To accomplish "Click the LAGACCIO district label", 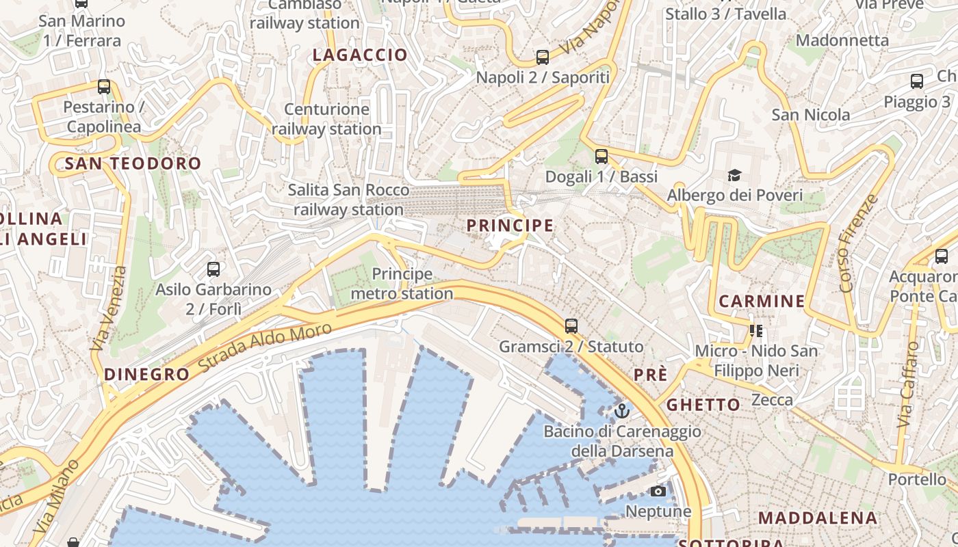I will pyautogui.click(x=360, y=55).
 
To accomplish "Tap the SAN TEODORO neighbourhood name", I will pyautogui.click(x=133, y=163).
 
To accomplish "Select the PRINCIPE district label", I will pyautogui.click(x=510, y=225).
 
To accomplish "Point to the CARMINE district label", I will pyautogui.click(x=762, y=301).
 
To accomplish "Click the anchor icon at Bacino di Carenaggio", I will pyautogui.click(x=622, y=411).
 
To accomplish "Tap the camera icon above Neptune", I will pyautogui.click(x=658, y=491).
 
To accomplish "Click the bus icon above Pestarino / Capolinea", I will pyautogui.click(x=104, y=87).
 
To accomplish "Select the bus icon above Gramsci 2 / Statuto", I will pyautogui.click(x=571, y=326).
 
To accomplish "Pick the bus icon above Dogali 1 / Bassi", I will pyautogui.click(x=601, y=157).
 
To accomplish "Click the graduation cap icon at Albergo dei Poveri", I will pyautogui.click(x=734, y=176).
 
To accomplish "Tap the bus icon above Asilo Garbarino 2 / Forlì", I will pyautogui.click(x=213, y=269).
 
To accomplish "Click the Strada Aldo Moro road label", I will pyautogui.click(x=265, y=347).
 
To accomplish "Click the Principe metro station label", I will pyautogui.click(x=402, y=284).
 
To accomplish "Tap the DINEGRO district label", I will pyautogui.click(x=146, y=374).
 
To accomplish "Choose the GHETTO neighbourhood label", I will pyautogui.click(x=703, y=404).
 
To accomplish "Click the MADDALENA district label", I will pyautogui.click(x=818, y=518).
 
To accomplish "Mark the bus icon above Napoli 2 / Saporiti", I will pyautogui.click(x=543, y=57).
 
